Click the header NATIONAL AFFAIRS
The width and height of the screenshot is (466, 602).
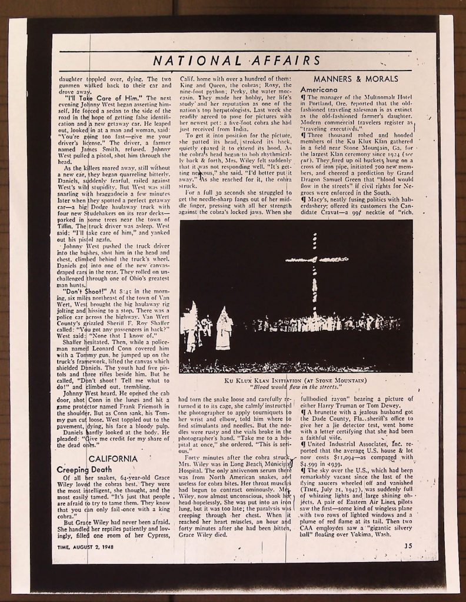click(237, 61)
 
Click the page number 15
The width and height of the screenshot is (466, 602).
click(408, 545)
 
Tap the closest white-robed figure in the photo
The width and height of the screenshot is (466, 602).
click(224, 329)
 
